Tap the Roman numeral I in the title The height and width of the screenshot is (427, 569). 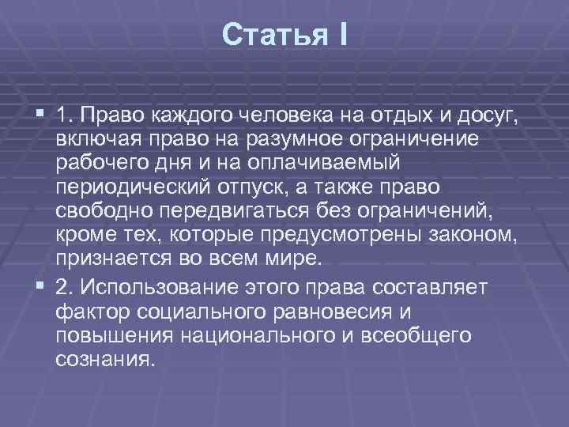(x=341, y=35)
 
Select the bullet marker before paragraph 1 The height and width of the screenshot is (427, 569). (x=42, y=116)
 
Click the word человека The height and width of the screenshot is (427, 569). (x=288, y=118)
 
